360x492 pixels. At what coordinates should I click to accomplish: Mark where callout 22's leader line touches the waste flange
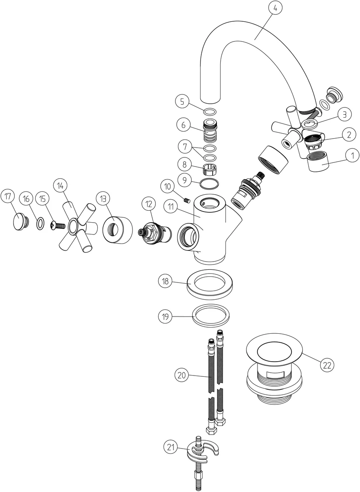pos(302,353)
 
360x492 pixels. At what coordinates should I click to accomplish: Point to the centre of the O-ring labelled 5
pos(210,112)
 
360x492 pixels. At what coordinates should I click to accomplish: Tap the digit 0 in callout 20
pos(184,376)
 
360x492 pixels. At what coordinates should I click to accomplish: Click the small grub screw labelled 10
pos(187,200)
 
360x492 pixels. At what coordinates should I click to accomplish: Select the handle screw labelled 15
pos(58,226)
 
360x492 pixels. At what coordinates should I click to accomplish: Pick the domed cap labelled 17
pos(21,222)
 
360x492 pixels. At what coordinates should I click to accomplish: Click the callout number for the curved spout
pos(275,8)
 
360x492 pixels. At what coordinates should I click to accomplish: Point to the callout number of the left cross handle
pos(60,186)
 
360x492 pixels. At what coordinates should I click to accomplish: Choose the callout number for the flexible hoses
pos(182,376)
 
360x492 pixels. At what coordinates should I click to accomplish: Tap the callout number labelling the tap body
pos(171,207)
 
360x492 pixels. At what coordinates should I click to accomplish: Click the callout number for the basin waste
pos(327,365)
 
